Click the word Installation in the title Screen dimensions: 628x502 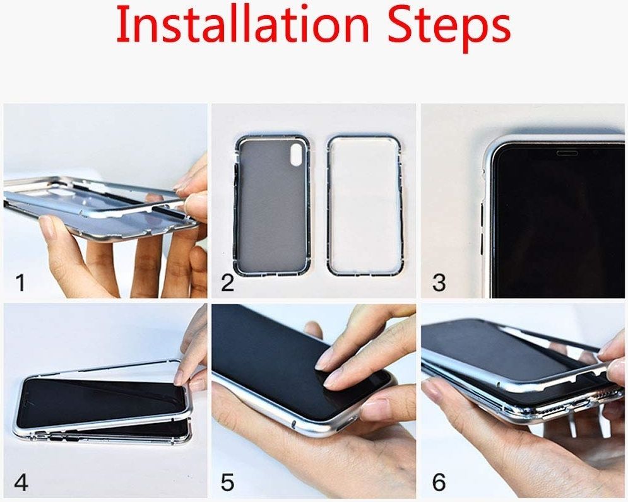(242, 24)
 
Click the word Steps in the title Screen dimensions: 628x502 (449, 26)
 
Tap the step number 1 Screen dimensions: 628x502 (21, 283)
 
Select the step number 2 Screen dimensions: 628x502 (227, 283)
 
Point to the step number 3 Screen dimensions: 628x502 (439, 283)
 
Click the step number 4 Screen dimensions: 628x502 (21, 482)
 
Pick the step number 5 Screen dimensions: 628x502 (227, 482)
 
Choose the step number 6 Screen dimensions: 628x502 (439, 482)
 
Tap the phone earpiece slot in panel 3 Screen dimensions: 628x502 (567, 153)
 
